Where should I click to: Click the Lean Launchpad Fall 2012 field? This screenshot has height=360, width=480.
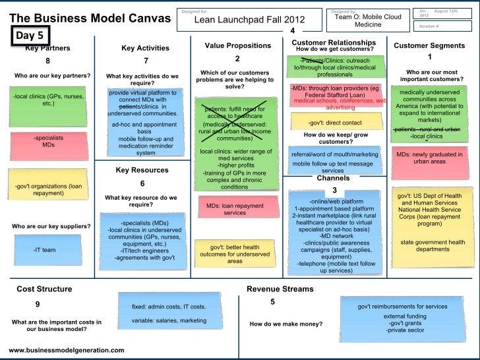(x=248, y=20)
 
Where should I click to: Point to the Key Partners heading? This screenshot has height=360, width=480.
(x=47, y=47)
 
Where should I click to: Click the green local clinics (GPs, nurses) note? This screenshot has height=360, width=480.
(x=47, y=104)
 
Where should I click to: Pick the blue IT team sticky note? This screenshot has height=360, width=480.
(x=45, y=250)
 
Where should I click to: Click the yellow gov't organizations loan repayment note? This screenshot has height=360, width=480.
(x=47, y=191)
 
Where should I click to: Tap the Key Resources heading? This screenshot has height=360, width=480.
(x=142, y=170)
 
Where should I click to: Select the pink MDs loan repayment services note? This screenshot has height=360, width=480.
(x=235, y=210)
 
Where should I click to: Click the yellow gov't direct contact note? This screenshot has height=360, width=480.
(x=335, y=123)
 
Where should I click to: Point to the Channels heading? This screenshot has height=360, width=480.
(x=333, y=178)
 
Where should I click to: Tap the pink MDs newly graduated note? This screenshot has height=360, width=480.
(x=429, y=158)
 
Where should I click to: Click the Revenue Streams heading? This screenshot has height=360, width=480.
(x=276, y=289)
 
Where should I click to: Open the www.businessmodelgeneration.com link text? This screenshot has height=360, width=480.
(x=67, y=350)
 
